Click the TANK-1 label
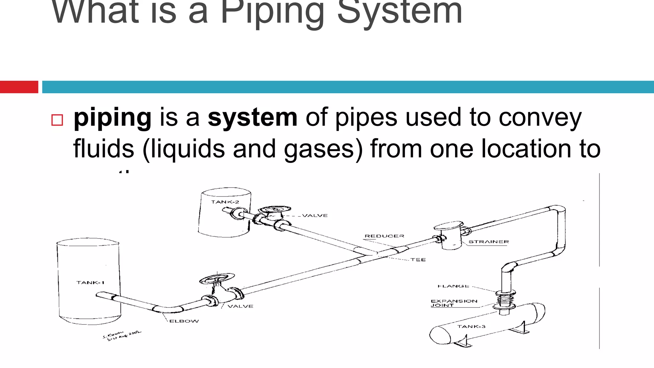tap(90, 282)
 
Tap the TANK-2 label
tap(225, 202)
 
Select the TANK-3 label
tap(471, 326)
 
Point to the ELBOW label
tap(184, 321)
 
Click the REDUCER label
tap(384, 236)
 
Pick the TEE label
tap(418, 260)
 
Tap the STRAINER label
tap(489, 242)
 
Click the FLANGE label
tap(453, 286)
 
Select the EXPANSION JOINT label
tap(454, 303)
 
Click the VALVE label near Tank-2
tap(315, 216)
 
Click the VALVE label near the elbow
tap(240, 306)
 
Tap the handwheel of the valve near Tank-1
tap(217, 278)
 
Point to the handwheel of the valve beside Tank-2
tap(275, 209)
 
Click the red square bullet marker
tap(57, 120)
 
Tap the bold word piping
tap(112, 118)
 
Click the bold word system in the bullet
tap(253, 118)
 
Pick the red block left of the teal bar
tap(19, 87)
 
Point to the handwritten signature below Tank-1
tap(121, 336)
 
